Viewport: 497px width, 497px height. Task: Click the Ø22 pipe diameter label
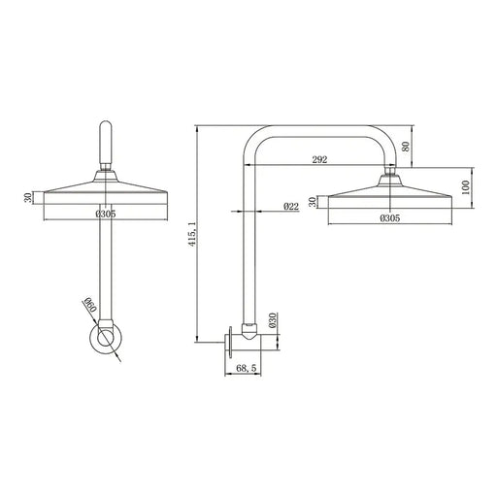point(290,208)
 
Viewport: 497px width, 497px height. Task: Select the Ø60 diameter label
point(86,309)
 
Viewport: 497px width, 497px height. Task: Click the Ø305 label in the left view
point(107,215)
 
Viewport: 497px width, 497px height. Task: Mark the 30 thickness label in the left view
point(28,198)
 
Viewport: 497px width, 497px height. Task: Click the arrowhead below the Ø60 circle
point(119,357)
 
